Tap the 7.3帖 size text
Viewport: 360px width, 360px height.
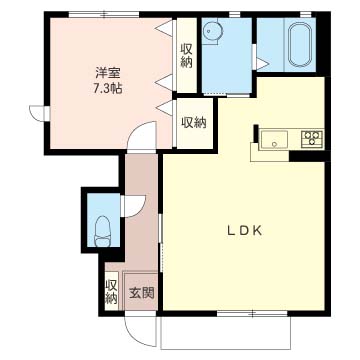coord(107,88)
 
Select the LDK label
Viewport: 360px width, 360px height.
coord(244,231)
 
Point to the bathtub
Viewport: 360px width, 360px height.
coord(300,44)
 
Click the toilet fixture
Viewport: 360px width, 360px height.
coord(103,231)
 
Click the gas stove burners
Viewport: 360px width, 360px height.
coord(312,139)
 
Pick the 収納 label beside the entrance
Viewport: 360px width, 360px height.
coord(111,291)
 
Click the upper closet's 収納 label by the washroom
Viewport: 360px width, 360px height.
coord(186,56)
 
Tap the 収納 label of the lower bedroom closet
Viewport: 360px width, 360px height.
coord(194,123)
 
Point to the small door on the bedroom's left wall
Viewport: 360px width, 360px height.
coord(39,112)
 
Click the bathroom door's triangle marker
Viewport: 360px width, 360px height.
coord(262,64)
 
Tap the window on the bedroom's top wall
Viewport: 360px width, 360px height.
coord(104,14)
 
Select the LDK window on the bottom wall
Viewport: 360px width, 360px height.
coord(252,313)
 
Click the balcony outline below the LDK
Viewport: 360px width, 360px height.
coord(226,349)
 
